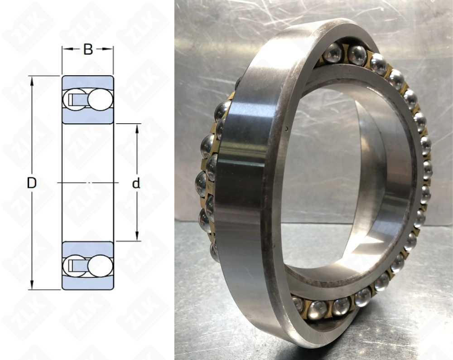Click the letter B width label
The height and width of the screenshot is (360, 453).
pos(88,49)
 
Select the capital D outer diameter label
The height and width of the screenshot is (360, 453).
pos(32,183)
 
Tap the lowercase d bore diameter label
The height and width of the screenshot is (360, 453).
pos(136,184)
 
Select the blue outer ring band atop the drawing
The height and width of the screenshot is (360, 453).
pos(87,82)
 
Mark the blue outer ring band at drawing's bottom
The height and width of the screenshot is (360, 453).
pos(87,283)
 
